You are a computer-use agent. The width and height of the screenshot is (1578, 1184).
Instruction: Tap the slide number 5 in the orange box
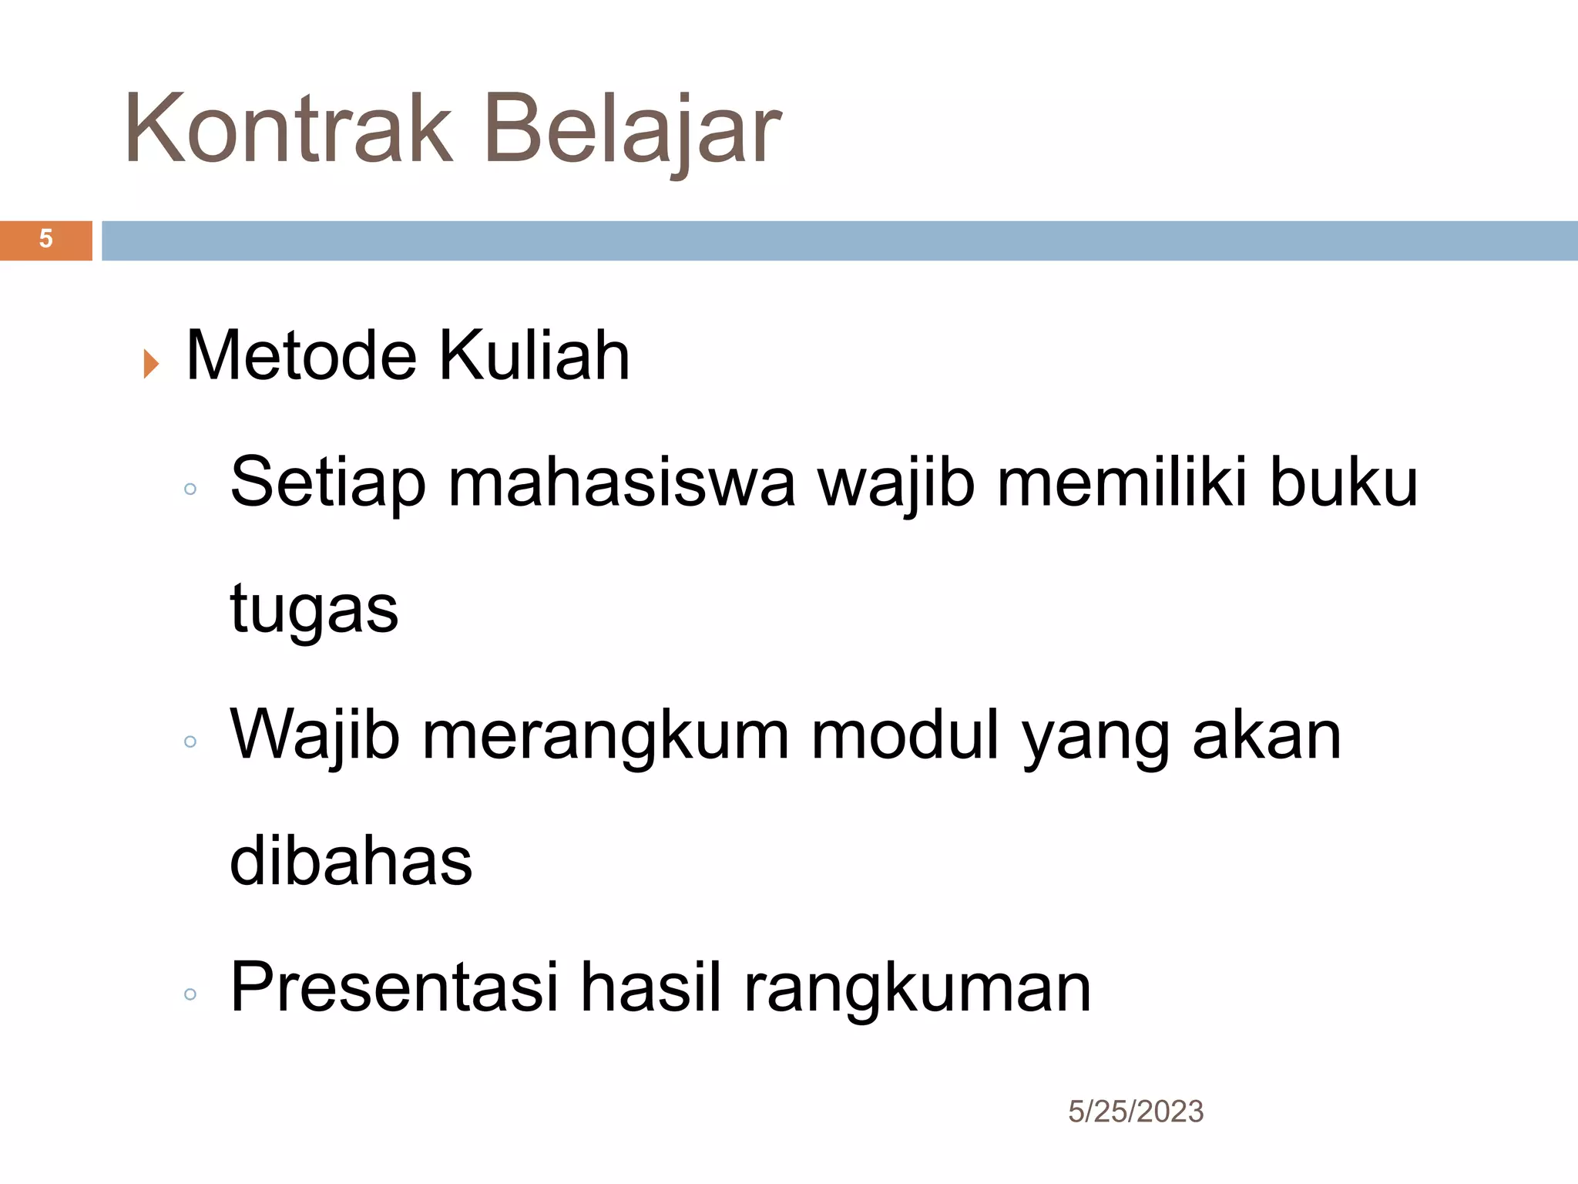[x=45, y=239]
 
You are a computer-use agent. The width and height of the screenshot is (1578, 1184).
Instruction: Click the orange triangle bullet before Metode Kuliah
[x=151, y=364]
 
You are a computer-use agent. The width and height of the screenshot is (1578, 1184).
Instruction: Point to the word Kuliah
[x=535, y=356]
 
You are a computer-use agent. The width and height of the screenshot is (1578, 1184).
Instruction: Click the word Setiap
[x=327, y=484]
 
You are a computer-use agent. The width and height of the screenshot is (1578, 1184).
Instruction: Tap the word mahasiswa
[x=621, y=484]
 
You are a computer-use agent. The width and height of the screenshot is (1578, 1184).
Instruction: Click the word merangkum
[x=606, y=736]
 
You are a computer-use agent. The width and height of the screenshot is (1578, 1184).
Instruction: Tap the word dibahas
[x=351, y=862]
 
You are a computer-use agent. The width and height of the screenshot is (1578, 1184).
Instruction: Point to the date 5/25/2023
[x=1135, y=1112]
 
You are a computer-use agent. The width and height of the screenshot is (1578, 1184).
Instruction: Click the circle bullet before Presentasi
[x=190, y=994]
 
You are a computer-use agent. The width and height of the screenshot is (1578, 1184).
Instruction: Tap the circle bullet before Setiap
[x=190, y=489]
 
